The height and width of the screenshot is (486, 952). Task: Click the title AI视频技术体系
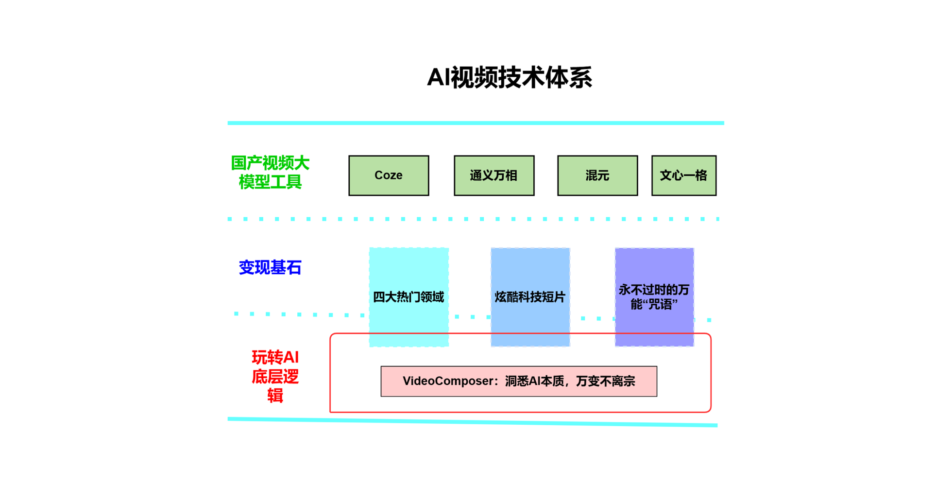coord(510,77)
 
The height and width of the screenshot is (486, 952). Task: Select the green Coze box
coord(389,175)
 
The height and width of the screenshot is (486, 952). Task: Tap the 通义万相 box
coord(494,175)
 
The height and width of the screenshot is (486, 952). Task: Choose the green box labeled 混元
coord(597,175)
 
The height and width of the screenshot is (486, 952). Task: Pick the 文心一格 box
coord(684,175)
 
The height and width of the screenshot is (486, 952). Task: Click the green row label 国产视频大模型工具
coord(270,173)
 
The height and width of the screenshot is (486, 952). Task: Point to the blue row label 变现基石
coord(270,267)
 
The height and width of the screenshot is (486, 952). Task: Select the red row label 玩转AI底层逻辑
coord(275,376)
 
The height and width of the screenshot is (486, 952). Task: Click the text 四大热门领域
coord(408,297)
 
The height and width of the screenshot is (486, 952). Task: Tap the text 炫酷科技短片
coord(530,297)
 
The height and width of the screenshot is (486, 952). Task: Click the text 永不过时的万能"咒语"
coord(654,297)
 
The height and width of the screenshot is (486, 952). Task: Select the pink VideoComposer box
coord(519,382)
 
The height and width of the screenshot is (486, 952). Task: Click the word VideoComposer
coord(447,381)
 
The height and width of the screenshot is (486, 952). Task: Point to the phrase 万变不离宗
coord(606,381)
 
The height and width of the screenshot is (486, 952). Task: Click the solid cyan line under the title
coord(476,123)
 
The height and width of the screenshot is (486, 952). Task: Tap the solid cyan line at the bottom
coord(473,422)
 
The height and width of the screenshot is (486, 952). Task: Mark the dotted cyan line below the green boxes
coord(474,219)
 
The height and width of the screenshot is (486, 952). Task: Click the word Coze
coord(389,175)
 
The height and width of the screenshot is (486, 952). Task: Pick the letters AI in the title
coord(439,77)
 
